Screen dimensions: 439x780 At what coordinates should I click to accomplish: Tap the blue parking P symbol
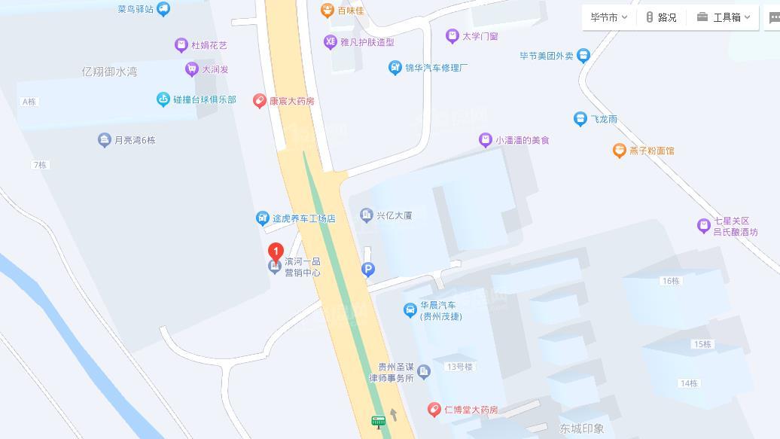point(368,269)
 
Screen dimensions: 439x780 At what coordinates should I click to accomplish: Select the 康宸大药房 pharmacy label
point(291,101)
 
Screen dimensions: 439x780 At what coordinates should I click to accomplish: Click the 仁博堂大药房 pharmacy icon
point(434,410)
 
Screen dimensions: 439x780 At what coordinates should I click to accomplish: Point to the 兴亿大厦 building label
point(394,215)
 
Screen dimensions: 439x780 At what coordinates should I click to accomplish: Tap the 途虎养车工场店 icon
point(263,218)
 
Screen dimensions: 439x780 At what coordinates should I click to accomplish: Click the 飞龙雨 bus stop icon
point(580,119)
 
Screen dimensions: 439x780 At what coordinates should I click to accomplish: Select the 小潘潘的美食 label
point(522,140)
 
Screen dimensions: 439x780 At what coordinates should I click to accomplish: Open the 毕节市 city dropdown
point(608,17)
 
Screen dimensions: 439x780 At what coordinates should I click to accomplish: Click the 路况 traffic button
point(661,17)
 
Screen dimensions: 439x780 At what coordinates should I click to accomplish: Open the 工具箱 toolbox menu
point(724,17)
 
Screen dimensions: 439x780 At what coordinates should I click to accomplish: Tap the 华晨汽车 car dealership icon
point(410,310)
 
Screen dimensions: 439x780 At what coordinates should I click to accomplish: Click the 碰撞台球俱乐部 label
point(204,99)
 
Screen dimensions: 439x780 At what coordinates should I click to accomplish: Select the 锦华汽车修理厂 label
point(436,68)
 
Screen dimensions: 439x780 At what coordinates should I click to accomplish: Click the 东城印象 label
point(581,428)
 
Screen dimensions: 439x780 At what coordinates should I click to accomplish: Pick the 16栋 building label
point(670,281)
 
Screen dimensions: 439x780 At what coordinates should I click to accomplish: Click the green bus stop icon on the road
point(378,422)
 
